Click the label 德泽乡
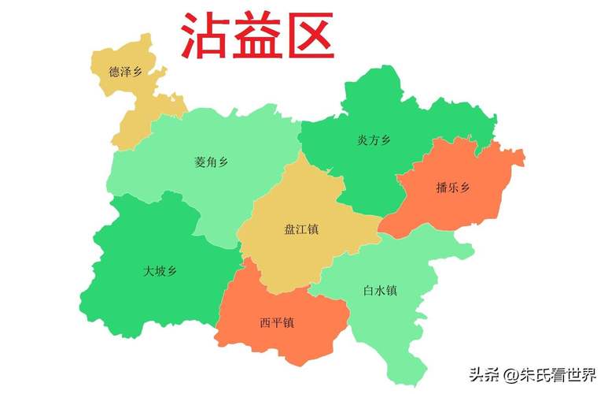pyautogui.click(x=126, y=72)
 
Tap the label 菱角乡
pyautogui.click(x=211, y=162)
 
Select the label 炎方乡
pyautogui.click(x=374, y=140)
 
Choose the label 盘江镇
pyautogui.click(x=301, y=229)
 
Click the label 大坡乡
pyautogui.click(x=160, y=271)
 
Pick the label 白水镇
pyautogui.click(x=380, y=291)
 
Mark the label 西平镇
pyautogui.click(x=277, y=322)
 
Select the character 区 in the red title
pyautogui.click(x=309, y=35)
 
